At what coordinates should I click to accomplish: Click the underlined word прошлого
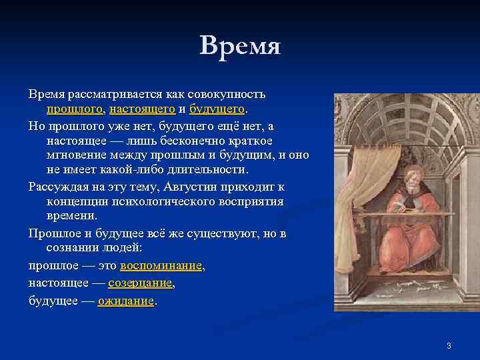75,108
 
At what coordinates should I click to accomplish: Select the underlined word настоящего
142,108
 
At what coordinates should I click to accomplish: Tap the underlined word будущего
217,108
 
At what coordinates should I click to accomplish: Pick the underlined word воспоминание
161,266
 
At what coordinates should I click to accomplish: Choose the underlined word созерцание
140,283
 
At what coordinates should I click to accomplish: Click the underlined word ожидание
126,301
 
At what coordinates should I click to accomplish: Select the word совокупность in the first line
227,93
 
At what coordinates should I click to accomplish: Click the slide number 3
449,345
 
